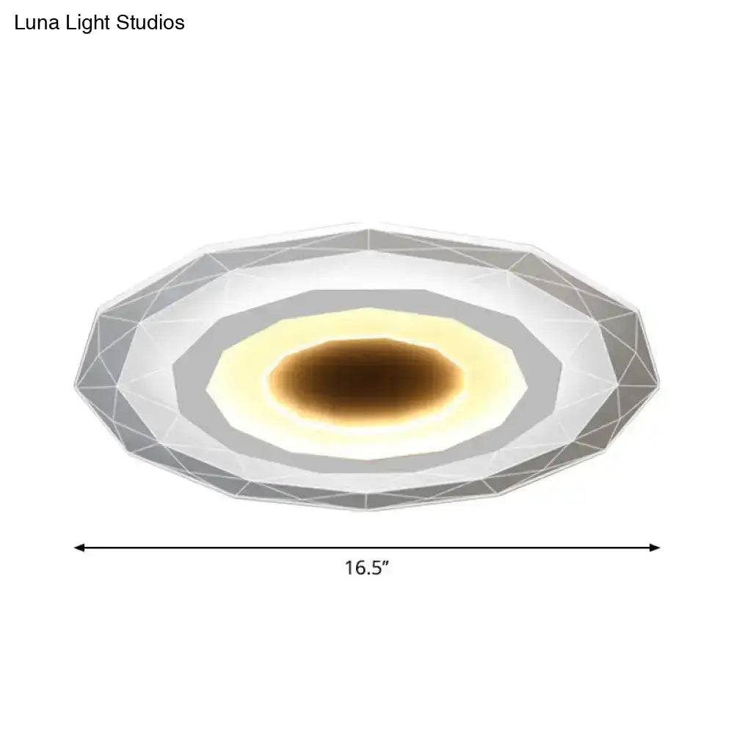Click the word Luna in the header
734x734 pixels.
point(37,23)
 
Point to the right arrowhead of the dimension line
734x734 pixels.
point(655,548)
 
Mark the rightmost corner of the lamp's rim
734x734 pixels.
point(659,385)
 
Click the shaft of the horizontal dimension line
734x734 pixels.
point(367,548)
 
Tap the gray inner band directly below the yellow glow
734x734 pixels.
point(367,459)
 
